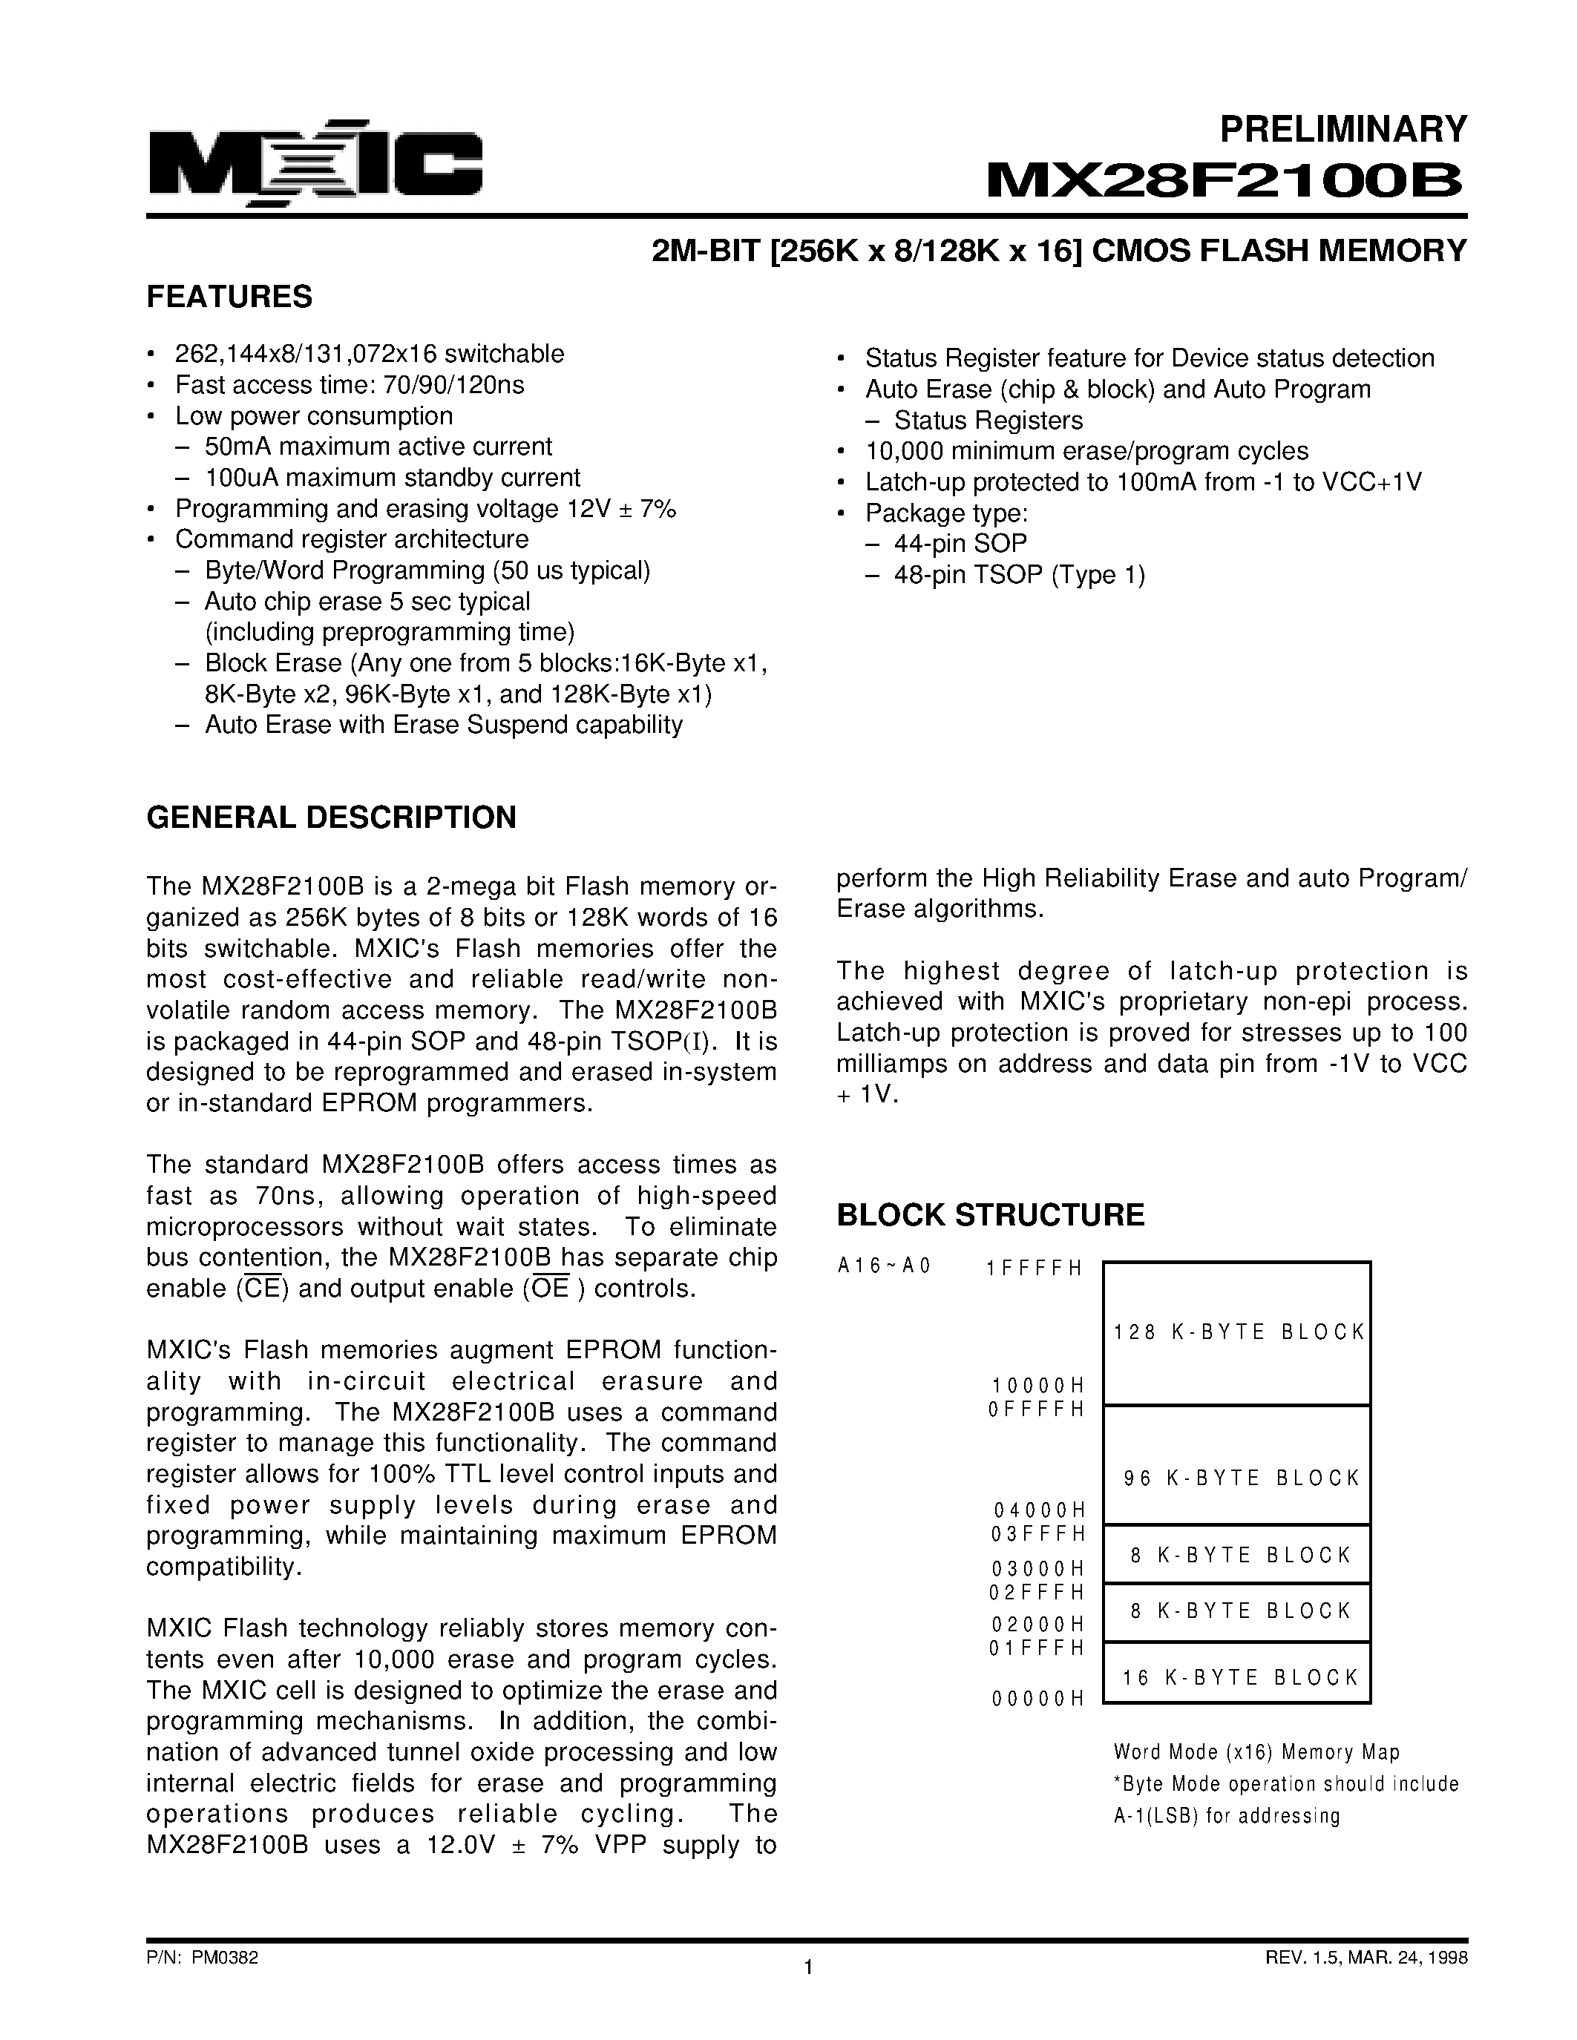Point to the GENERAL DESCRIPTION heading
(331, 817)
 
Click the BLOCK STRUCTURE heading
(989, 1214)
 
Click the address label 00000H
(1037, 1699)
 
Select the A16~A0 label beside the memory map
(884, 1266)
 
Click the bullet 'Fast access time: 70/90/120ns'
(349, 385)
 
